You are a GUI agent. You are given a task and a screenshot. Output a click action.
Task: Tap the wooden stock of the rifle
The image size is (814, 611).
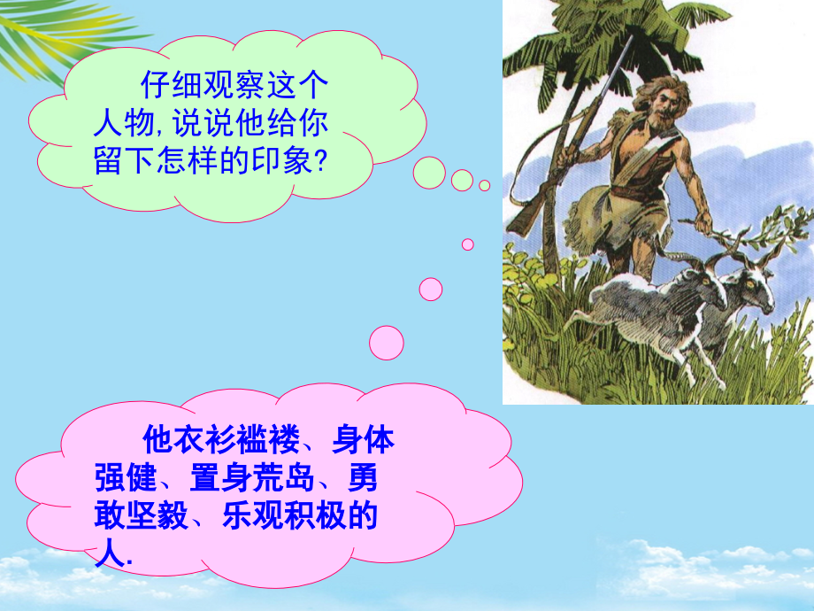(528, 218)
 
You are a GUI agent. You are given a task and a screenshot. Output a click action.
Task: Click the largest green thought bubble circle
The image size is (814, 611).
(429, 173)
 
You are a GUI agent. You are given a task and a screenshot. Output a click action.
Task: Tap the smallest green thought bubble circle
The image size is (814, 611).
(484, 185)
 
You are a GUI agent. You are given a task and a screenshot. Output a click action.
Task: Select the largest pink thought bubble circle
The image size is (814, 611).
(386, 343)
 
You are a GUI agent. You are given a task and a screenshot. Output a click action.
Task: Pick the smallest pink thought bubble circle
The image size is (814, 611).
(467, 244)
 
